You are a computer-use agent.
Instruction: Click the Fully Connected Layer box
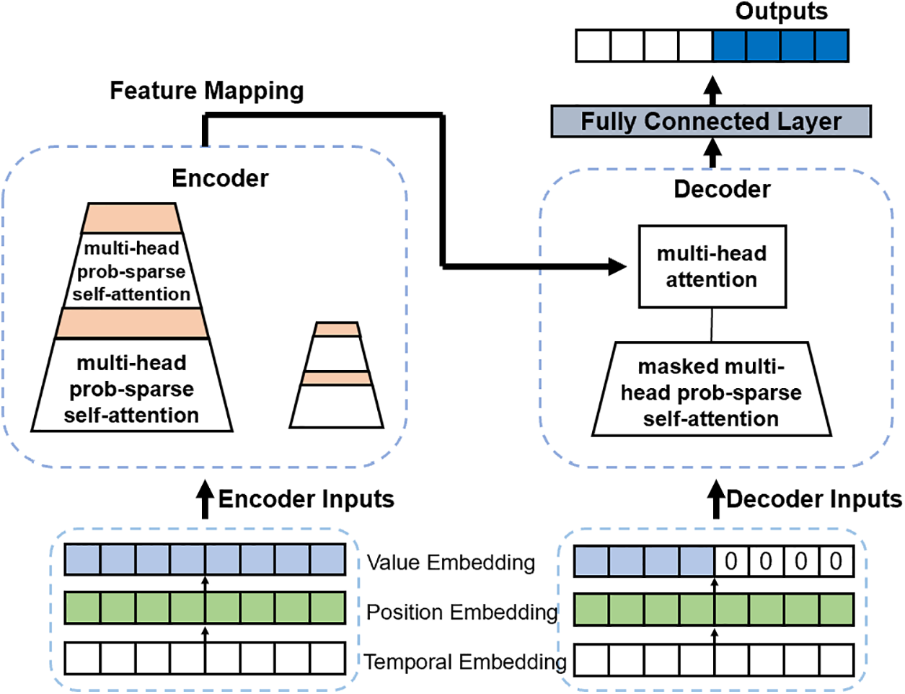pos(710,121)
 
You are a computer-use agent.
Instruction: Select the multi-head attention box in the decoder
pos(712,267)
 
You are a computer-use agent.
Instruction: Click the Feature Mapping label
pos(206,91)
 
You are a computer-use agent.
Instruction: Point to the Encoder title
pos(220,178)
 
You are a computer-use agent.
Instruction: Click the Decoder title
pos(722,189)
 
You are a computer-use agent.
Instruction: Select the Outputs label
pos(782,12)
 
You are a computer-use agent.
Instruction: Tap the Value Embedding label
pos(451,563)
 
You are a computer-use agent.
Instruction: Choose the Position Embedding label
pos(462,612)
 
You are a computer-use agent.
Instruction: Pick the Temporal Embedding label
pos(465,662)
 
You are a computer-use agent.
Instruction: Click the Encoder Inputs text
pos(306,499)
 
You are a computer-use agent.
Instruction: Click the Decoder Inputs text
pos(814,499)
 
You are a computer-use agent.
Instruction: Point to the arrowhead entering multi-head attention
pos(617,267)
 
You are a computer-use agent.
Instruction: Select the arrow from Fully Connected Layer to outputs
pos(712,90)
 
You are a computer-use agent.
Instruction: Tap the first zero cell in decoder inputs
pos(731,561)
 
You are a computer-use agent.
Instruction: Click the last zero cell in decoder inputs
pos(836,561)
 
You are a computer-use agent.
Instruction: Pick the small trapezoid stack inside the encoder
pos(337,376)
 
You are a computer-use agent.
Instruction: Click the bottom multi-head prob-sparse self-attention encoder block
pos(132,388)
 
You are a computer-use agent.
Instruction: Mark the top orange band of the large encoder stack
pos(131,218)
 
